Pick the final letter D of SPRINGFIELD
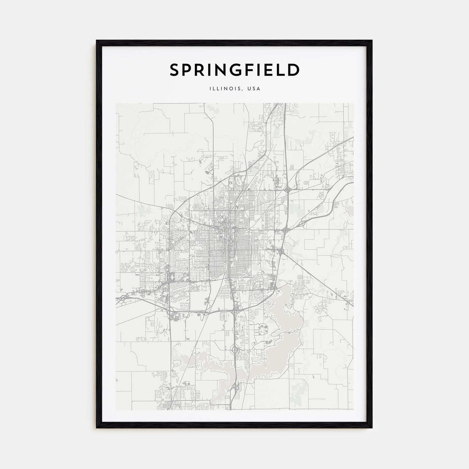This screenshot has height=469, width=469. point(293,70)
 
